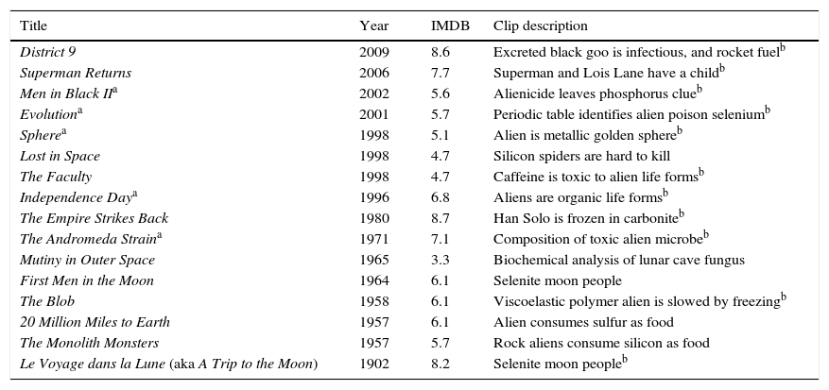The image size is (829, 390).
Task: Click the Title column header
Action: pos(35,25)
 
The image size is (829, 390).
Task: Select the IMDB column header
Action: pos(449,25)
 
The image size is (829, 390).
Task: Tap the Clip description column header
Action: pos(540,25)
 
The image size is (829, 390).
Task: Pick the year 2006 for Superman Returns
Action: pos(373,73)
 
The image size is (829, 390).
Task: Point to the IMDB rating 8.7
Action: pos(440,218)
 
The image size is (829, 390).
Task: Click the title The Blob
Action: pos(47,301)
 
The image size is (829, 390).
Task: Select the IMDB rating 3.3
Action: pos(440,260)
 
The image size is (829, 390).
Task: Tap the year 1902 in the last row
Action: pos(373,364)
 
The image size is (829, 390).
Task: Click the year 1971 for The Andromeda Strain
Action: pos(373,239)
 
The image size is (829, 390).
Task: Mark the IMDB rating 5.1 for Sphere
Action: pos(440,135)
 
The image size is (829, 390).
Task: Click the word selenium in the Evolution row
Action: pos(735,114)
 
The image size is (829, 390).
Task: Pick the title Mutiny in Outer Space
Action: pos(87,260)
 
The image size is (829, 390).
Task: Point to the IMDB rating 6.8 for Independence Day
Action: pos(440,197)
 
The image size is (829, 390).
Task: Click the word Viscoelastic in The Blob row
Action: pos(527,301)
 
